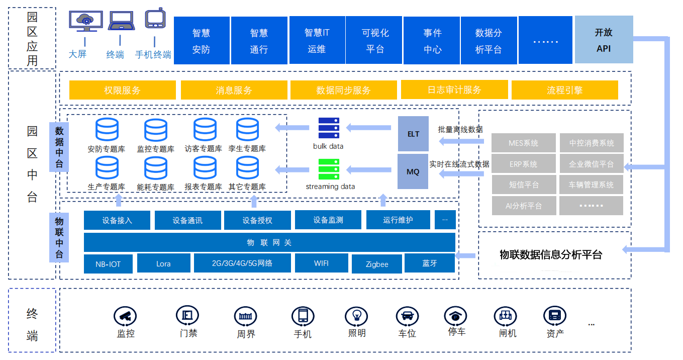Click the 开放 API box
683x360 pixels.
(x=604, y=40)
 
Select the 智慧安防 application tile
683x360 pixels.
(x=202, y=40)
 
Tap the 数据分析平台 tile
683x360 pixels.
(x=489, y=40)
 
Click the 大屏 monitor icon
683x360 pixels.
(x=86, y=22)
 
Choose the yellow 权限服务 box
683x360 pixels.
(x=123, y=90)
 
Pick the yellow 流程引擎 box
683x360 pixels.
(x=564, y=90)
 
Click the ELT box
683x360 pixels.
(x=413, y=134)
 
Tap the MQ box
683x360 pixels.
(x=413, y=171)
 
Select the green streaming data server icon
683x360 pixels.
(x=329, y=169)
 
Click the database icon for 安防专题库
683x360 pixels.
(x=107, y=130)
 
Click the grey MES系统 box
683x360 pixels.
(x=523, y=143)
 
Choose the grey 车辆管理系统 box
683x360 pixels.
(x=591, y=185)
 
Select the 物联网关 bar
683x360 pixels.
(x=269, y=242)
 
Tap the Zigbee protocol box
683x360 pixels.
(x=377, y=264)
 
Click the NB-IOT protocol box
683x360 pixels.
(x=109, y=263)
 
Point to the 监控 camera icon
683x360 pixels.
(x=125, y=316)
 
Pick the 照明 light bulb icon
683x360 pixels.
(x=357, y=316)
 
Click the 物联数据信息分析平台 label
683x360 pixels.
(x=551, y=254)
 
